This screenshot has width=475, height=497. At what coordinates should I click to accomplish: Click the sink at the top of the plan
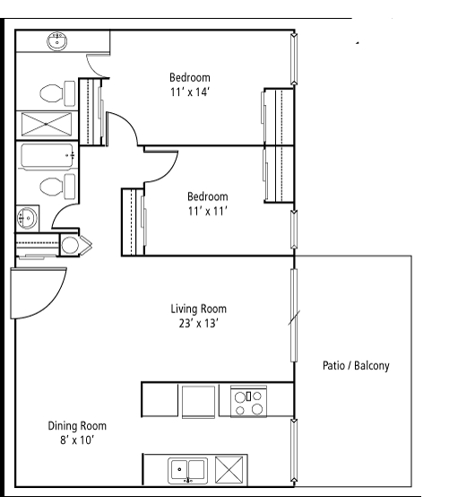click(57, 41)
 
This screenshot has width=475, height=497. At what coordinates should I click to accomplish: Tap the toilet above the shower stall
click(57, 93)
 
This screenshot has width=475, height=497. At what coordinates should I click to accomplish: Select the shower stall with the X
click(47, 124)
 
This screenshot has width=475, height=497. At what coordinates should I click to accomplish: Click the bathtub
click(47, 156)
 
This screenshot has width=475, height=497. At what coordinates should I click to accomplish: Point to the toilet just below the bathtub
click(57, 187)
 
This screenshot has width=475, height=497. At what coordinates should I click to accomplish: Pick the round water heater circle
click(70, 245)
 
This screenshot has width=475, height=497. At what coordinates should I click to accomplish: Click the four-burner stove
click(248, 401)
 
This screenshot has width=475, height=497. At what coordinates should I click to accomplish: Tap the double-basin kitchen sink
click(188, 470)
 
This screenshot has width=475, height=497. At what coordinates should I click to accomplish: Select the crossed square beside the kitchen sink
click(229, 470)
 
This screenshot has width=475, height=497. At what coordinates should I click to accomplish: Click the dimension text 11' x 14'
click(190, 92)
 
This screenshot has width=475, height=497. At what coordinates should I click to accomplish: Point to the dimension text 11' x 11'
click(208, 211)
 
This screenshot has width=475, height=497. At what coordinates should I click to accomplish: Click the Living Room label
click(199, 309)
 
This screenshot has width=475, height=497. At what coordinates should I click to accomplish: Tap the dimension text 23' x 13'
click(199, 324)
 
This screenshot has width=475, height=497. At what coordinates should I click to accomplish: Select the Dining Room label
click(77, 426)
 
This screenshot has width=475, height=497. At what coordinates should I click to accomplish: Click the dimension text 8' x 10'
click(77, 440)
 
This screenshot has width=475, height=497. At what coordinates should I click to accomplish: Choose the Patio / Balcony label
click(356, 366)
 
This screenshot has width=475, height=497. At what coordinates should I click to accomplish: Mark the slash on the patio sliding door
click(294, 318)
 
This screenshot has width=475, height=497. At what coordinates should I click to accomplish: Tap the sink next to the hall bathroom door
click(27, 218)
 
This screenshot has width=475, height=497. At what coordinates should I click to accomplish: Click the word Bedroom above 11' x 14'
click(190, 78)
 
